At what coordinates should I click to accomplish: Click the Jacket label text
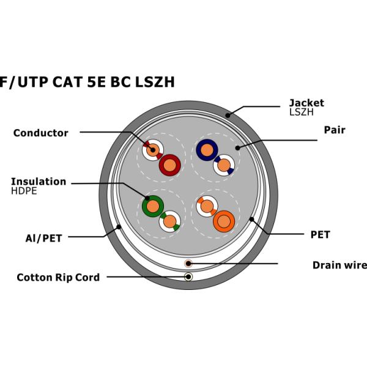[x=306, y=103]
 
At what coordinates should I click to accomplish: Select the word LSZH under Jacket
[x=301, y=112]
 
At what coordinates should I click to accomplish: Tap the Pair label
[x=335, y=130]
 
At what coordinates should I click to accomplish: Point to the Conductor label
[x=40, y=133]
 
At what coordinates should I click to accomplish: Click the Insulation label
[x=39, y=182]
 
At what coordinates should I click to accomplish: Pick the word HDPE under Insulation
[x=24, y=191]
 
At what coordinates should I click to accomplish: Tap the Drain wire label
[x=339, y=265]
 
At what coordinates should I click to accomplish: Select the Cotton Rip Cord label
[x=58, y=277]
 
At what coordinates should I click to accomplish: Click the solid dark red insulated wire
[x=169, y=164]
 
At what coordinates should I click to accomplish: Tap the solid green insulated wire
[x=152, y=206]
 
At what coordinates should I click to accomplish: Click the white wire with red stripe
[x=153, y=149]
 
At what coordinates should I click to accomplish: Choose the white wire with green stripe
[x=169, y=221]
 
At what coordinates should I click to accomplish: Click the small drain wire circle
[x=188, y=264]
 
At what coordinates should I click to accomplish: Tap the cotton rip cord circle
[x=188, y=276]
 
